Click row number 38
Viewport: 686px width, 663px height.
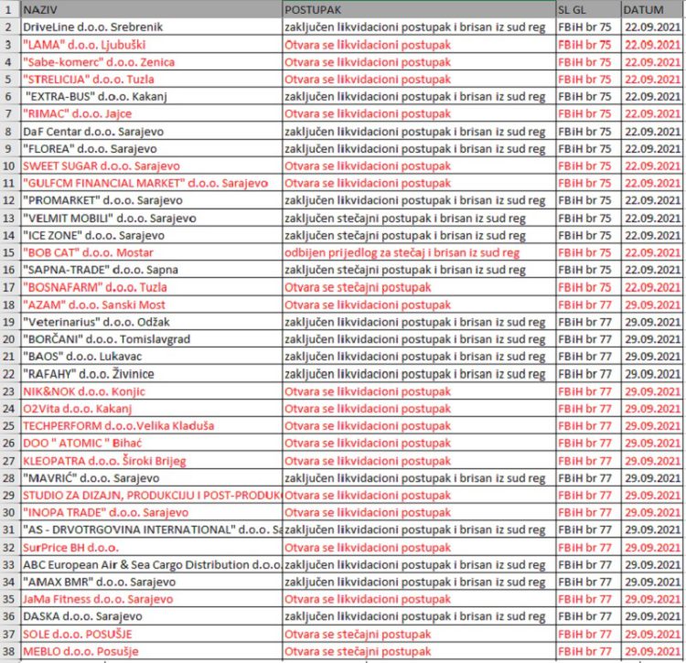[x=8, y=651]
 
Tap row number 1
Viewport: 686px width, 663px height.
[x=8, y=9]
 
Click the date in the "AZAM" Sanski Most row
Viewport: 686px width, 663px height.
[x=651, y=305]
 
